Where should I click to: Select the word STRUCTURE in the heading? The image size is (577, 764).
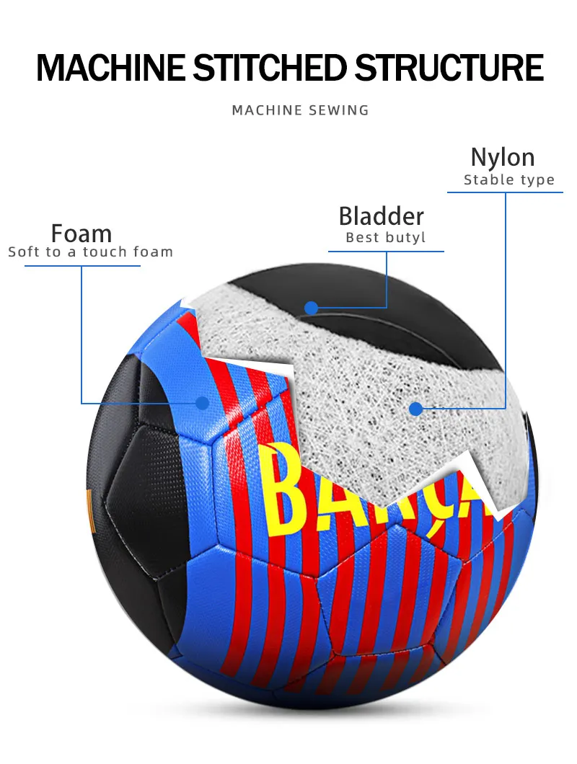(448, 67)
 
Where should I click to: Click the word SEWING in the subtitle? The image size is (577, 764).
(338, 110)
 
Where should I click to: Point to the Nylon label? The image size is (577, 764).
(503, 157)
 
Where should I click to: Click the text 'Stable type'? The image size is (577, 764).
(509, 180)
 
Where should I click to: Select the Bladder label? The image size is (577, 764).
(382, 216)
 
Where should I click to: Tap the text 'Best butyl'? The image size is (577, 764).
(386, 238)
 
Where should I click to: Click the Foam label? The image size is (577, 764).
(82, 234)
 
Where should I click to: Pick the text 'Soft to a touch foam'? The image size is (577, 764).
(91, 252)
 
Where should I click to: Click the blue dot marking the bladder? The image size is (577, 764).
(311, 308)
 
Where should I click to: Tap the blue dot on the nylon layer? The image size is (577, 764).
(415, 409)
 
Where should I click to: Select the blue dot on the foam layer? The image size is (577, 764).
(203, 403)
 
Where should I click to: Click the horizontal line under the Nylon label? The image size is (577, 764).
(505, 192)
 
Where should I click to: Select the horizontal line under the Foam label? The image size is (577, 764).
(82, 266)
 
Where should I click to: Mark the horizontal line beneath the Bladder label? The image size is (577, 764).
(386, 251)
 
